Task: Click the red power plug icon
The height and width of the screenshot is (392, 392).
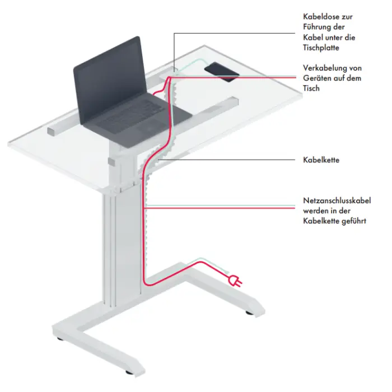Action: (235, 281)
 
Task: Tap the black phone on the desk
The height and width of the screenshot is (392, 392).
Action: (222, 72)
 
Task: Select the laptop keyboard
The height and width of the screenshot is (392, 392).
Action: (130, 113)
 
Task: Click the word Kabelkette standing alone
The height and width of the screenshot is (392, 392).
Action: (321, 160)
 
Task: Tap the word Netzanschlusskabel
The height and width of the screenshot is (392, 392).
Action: (337, 200)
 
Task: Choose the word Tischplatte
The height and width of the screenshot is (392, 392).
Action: (321, 48)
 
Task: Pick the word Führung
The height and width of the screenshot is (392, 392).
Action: (315, 27)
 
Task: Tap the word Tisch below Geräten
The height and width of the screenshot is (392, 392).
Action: (311, 88)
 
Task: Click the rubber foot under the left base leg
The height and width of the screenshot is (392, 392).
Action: (129, 372)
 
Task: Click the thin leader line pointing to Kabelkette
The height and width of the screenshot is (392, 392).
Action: (227, 160)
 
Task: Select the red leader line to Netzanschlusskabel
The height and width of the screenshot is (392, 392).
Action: (220, 208)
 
